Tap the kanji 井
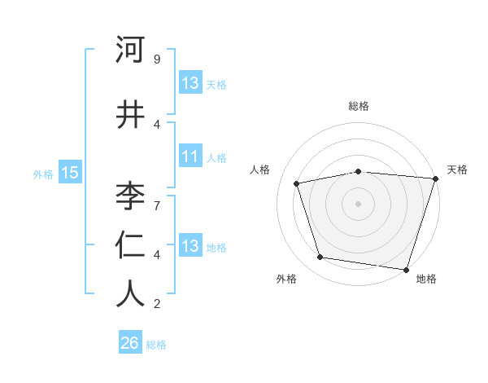(x=130, y=115)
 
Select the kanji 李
(x=130, y=196)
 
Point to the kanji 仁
(x=130, y=245)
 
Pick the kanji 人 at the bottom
(x=130, y=294)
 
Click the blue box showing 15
(x=70, y=172)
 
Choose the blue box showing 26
(x=129, y=343)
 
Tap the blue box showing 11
(x=190, y=156)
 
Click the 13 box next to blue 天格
(x=190, y=83)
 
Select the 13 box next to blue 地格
(x=190, y=246)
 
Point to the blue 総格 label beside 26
(x=156, y=345)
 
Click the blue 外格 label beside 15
(x=43, y=174)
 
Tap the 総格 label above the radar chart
(x=359, y=106)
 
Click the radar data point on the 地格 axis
(x=406, y=268)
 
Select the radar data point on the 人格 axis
(x=298, y=183)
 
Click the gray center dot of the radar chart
(x=359, y=203)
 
